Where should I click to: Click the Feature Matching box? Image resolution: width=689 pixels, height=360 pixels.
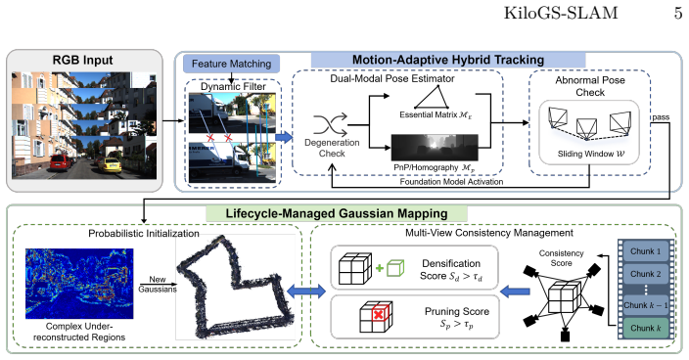click(x=231, y=64)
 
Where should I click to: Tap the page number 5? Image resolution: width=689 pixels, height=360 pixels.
click(x=678, y=13)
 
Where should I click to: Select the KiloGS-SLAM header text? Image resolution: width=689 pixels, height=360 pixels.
click(x=561, y=13)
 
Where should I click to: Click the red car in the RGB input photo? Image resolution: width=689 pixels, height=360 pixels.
click(x=61, y=162)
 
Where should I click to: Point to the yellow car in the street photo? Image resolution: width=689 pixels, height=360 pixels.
click(x=109, y=165)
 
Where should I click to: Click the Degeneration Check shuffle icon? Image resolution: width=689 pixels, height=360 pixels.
click(x=331, y=124)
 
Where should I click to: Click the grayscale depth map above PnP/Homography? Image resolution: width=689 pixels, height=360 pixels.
click(x=435, y=148)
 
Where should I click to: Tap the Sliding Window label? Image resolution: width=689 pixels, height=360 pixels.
click(x=590, y=155)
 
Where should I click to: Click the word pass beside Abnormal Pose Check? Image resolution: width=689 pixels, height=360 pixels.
click(x=661, y=117)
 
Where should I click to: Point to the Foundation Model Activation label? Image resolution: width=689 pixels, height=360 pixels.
click(x=451, y=182)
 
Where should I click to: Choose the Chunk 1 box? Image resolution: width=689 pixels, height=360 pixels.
click(x=646, y=251)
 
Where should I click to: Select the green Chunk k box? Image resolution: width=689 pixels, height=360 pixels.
click(x=646, y=328)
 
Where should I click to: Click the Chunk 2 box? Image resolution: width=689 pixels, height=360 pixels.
click(x=646, y=274)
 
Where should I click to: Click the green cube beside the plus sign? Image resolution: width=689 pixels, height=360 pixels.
click(x=395, y=268)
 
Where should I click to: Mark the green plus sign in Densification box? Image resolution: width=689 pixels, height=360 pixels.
click(x=380, y=268)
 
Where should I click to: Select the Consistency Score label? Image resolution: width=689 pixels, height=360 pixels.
click(x=561, y=258)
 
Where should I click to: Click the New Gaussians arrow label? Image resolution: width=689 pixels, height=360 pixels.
click(x=158, y=285)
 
